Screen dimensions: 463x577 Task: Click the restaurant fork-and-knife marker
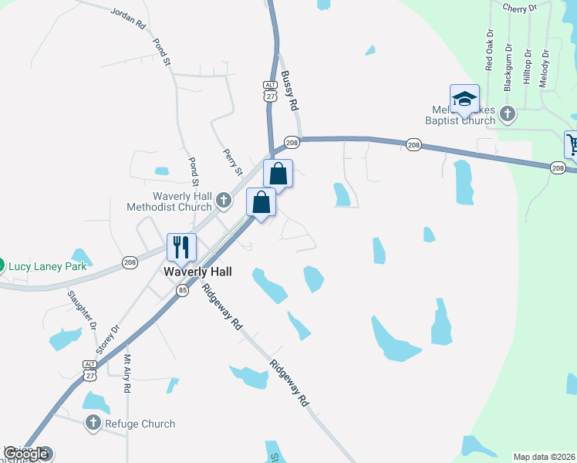tap(181, 247)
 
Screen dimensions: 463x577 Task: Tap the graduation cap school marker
tap(464, 99)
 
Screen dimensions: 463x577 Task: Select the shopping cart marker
tap(572, 144)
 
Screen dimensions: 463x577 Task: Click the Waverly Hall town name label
tap(197, 272)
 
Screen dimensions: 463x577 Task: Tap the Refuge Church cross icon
tap(93, 423)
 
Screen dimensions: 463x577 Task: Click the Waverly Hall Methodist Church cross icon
tap(223, 201)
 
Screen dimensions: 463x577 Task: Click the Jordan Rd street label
tap(128, 19)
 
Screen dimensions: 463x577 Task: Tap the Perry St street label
tap(233, 161)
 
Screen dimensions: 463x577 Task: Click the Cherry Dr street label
tap(519, 8)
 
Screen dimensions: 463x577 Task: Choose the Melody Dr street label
tap(545, 69)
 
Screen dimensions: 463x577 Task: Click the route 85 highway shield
tap(182, 290)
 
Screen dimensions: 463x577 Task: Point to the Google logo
tap(26, 454)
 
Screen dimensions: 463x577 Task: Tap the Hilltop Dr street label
tap(527, 67)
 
